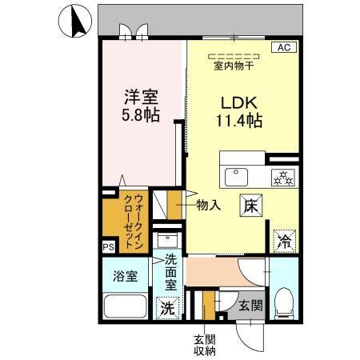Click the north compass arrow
77,21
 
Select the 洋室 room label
139,97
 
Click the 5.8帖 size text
140,115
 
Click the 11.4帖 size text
238,122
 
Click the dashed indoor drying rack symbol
234,55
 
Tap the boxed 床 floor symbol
249,204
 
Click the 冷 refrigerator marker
285,238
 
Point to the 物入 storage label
209,206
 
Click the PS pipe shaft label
107,248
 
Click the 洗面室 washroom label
171,272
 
